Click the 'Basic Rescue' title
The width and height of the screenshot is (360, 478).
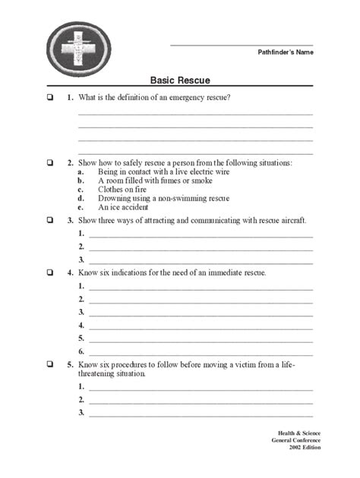(180, 80)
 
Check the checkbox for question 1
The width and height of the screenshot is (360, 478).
(49, 98)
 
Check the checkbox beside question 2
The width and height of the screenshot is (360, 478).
(49, 162)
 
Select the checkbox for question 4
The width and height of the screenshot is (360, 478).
(49, 272)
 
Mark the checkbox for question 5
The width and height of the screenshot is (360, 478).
(49, 365)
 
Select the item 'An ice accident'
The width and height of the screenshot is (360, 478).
(124, 206)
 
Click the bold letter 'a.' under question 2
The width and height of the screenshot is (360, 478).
(80, 172)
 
